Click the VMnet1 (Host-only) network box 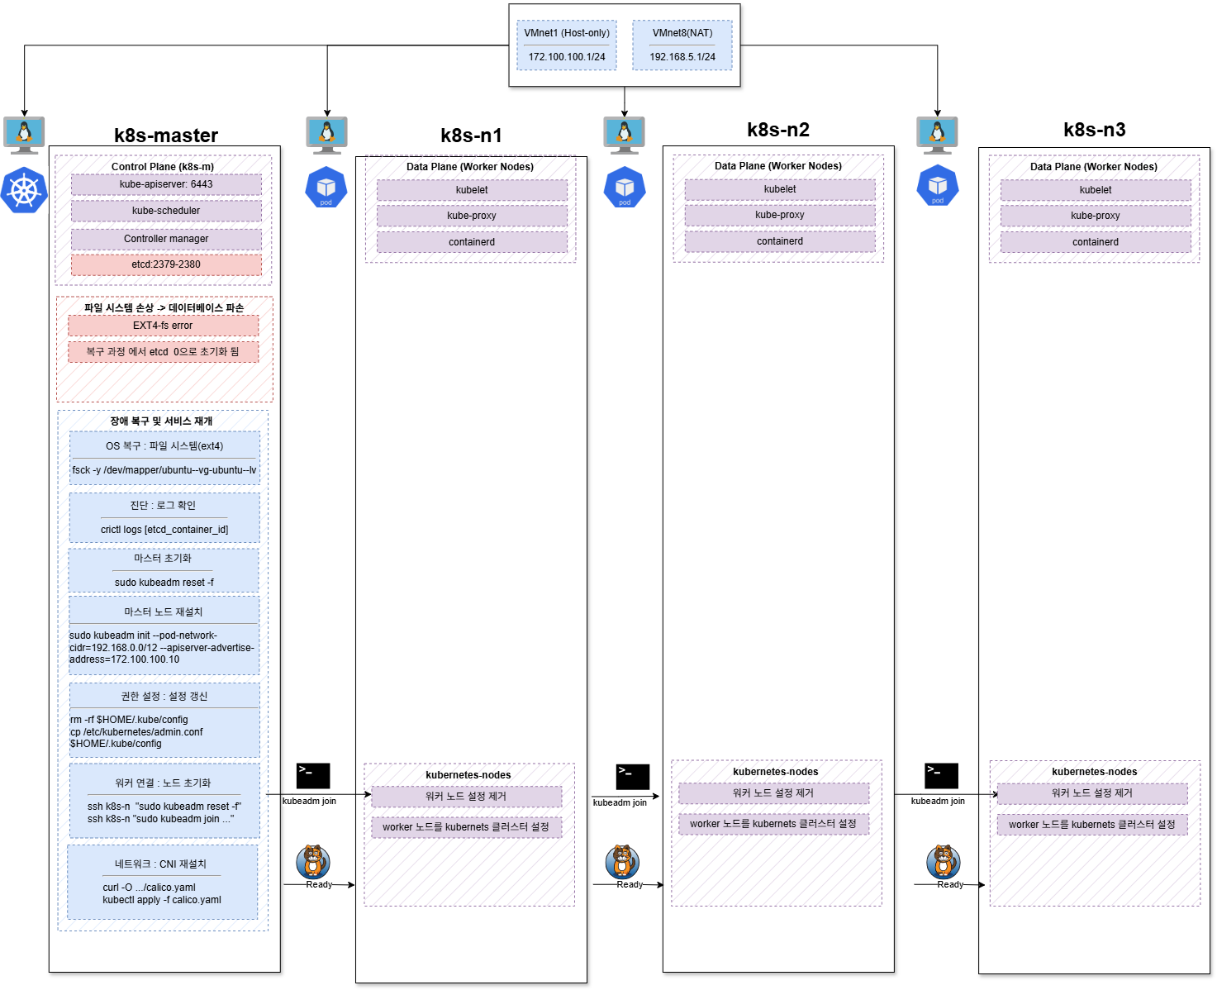click(566, 45)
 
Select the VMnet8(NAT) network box click(682, 45)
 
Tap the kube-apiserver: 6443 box click(166, 184)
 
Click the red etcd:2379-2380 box click(166, 264)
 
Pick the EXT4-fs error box click(163, 326)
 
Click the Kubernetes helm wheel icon click(24, 190)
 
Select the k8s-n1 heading click(471, 136)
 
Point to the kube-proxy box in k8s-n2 click(779, 215)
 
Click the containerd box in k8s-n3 click(1095, 241)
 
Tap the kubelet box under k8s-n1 click(472, 190)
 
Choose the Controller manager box click(166, 239)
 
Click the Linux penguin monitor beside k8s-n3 click(937, 135)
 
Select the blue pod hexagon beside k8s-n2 click(625, 187)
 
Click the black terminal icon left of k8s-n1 click(313, 776)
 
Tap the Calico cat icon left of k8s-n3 click(943, 861)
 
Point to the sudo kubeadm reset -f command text click(164, 583)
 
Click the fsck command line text click(164, 470)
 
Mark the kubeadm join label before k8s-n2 click(620, 802)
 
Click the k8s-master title click(166, 136)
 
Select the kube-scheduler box click(166, 211)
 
